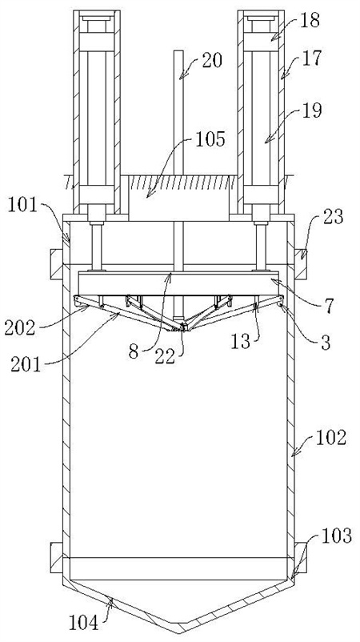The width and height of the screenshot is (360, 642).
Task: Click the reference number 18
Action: [310, 21]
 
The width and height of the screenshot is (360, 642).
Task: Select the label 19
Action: [312, 110]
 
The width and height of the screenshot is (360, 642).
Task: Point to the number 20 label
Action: [211, 61]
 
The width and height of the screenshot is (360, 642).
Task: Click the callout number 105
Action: [210, 139]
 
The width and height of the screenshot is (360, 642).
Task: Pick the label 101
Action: [23, 206]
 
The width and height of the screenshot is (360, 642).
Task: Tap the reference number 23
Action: [333, 217]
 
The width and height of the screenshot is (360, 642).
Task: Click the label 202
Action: [20, 327]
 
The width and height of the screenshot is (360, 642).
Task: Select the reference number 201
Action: [26, 364]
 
